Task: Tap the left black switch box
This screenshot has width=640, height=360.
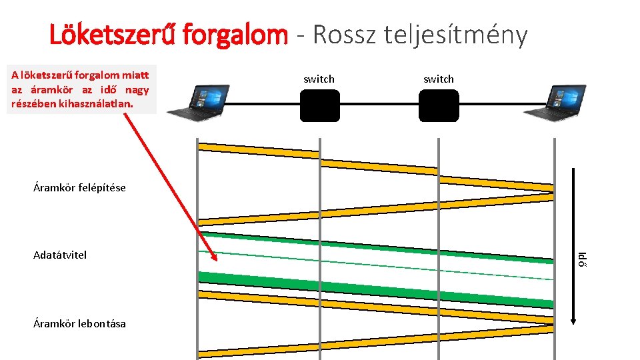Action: pos(319,105)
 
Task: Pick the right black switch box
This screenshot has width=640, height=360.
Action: pos(439,105)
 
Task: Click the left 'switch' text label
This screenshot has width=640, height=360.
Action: pos(319,79)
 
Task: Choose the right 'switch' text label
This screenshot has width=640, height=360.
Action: pos(439,79)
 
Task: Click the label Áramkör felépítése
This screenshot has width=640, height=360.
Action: pos(79,187)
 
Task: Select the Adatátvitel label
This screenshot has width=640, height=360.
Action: pos(59,255)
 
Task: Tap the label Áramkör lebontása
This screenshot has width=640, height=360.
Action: pos(79,323)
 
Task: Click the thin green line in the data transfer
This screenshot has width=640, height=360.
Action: pos(373,265)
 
